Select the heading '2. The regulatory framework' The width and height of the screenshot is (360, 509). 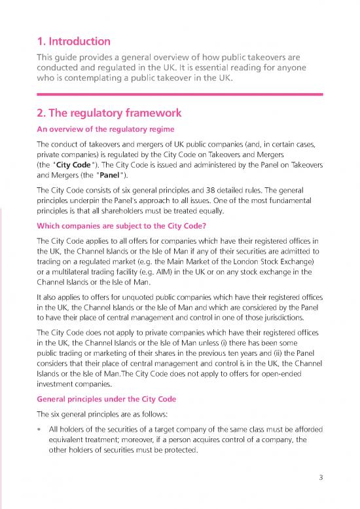(108, 113)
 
